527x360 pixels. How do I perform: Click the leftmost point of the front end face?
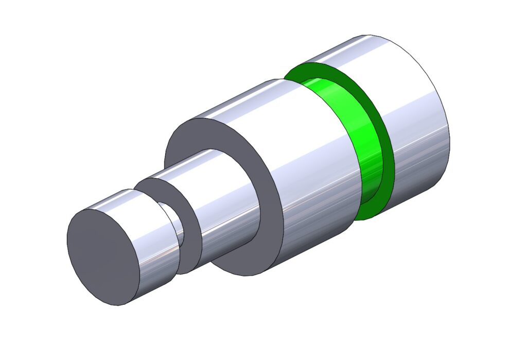click(67, 237)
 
